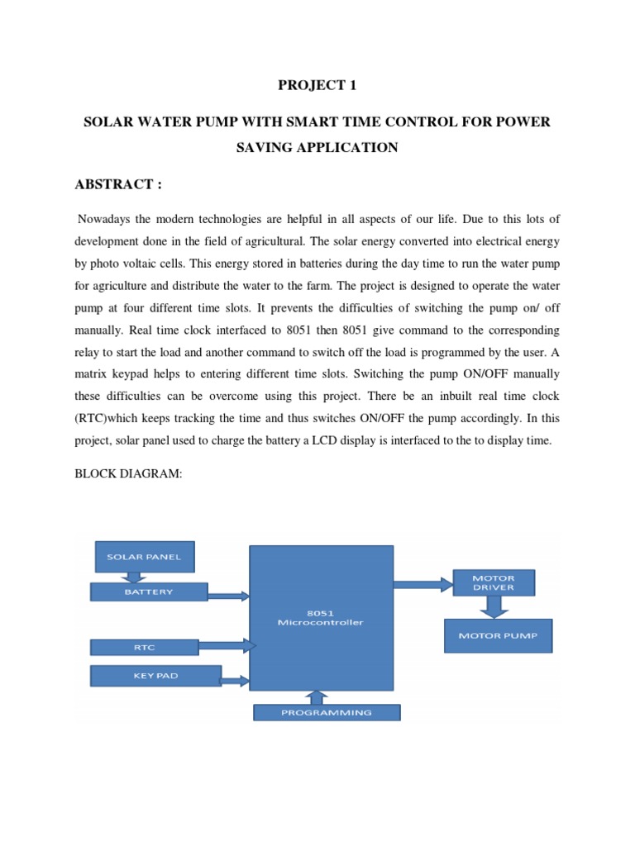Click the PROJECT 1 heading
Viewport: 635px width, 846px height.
click(317, 85)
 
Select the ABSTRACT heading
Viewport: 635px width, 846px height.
click(118, 184)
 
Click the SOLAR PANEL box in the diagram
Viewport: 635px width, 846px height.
click(145, 557)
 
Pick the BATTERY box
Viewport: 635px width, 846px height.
click(149, 592)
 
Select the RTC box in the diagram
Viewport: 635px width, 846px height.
click(145, 648)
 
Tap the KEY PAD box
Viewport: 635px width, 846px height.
click(155, 677)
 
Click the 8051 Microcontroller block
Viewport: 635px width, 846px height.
click(321, 617)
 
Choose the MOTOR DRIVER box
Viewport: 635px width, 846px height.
click(493, 582)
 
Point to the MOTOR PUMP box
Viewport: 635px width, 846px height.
click(498, 636)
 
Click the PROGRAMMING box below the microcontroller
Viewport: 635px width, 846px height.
click(327, 712)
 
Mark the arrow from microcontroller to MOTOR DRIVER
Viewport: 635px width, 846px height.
click(423, 584)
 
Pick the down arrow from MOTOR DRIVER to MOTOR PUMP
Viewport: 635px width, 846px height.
click(493, 607)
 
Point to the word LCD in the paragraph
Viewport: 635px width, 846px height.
click(340, 440)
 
